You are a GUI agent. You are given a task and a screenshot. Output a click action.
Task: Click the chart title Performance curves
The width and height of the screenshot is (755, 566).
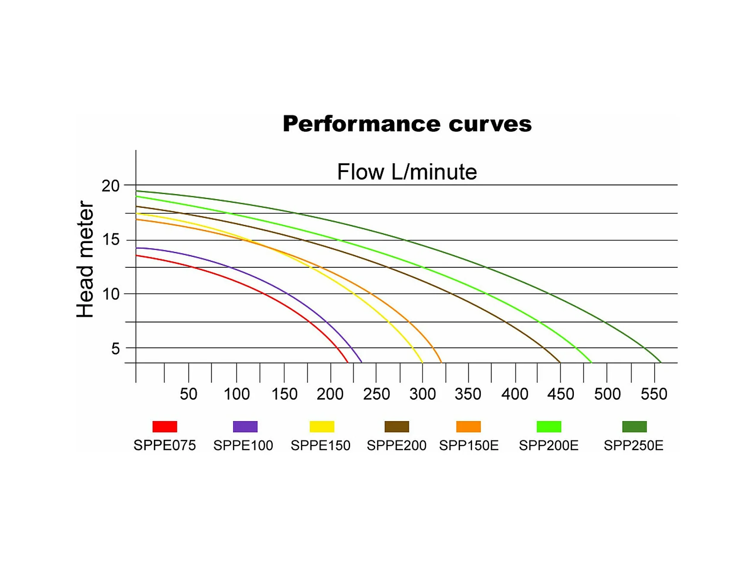tap(407, 124)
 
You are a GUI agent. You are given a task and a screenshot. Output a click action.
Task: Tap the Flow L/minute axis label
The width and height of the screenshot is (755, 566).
tap(407, 172)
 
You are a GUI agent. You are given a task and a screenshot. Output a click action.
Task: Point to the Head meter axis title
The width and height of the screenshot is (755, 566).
tap(85, 259)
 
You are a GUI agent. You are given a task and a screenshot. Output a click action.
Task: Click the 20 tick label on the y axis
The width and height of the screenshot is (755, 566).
tap(110, 186)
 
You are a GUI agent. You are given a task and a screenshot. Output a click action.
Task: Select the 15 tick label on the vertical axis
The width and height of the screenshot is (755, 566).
tap(110, 239)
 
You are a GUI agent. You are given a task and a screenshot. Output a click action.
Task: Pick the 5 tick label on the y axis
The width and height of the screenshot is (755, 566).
tap(115, 348)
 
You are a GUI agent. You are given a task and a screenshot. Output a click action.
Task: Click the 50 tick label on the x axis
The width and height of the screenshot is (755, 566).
tap(188, 394)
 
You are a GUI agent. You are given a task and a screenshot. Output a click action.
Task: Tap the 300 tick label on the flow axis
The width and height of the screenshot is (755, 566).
tap(422, 394)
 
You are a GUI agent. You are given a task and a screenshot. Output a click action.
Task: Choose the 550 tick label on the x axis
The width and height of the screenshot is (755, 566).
tap(654, 394)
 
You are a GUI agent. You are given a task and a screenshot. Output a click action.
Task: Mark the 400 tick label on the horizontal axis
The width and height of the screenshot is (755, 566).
tap(514, 394)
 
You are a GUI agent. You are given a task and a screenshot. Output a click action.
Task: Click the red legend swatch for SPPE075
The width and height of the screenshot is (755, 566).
tap(165, 426)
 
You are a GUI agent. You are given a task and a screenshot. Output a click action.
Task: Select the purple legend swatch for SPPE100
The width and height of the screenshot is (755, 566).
tap(245, 426)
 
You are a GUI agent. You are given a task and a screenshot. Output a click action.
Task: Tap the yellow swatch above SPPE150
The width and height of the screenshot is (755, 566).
tap(322, 426)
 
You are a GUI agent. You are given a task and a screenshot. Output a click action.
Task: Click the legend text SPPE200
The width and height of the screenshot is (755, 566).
tap(396, 445)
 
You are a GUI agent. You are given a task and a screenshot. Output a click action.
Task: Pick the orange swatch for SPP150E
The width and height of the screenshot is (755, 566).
tap(468, 426)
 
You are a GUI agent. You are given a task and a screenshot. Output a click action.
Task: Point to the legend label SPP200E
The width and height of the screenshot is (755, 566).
tap(548, 445)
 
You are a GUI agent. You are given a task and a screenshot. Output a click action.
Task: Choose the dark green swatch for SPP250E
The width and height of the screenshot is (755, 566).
tap(634, 426)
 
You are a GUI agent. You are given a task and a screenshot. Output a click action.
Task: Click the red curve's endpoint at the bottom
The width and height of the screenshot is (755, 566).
tap(348, 362)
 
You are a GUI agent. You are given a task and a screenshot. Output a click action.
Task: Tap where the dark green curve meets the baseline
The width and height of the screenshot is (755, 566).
tap(661, 362)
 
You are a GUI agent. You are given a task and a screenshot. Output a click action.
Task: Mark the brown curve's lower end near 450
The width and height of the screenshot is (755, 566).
tap(560, 362)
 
